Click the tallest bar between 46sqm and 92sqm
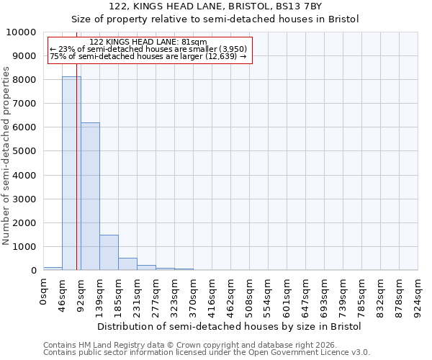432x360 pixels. tap(71, 173)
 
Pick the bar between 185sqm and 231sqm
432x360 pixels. tap(127, 264)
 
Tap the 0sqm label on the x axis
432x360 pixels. tap(44, 292)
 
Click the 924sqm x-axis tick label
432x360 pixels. tap(418, 296)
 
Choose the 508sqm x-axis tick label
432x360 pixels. tap(250, 296)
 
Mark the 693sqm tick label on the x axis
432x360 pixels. tap(325, 296)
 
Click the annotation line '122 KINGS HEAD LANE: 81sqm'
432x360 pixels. tap(150, 42)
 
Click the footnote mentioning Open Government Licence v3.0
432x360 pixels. tap(207, 353)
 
